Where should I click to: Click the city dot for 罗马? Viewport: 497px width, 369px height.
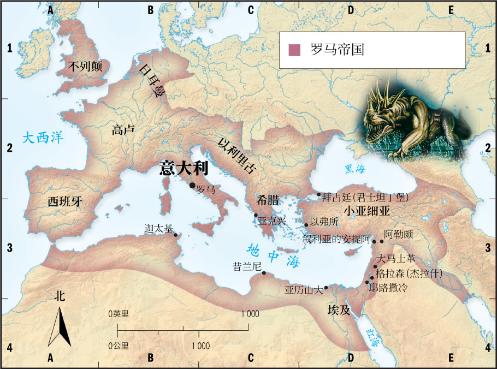click(192, 186)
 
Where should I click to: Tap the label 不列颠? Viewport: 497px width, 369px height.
click(87, 67)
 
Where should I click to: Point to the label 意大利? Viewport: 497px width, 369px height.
click(184, 167)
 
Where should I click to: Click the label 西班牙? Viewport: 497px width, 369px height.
click(64, 201)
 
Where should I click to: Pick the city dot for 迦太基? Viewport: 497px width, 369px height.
click(175, 235)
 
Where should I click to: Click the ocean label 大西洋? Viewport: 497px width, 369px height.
click(43, 138)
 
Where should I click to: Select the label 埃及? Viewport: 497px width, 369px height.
click(338, 310)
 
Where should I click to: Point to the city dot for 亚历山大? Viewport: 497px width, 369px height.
click(326, 288)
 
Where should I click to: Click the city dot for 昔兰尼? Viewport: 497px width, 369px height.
click(264, 273)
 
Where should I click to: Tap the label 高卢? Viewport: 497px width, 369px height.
click(123, 129)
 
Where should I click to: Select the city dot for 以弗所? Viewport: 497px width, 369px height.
click(306, 225)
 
